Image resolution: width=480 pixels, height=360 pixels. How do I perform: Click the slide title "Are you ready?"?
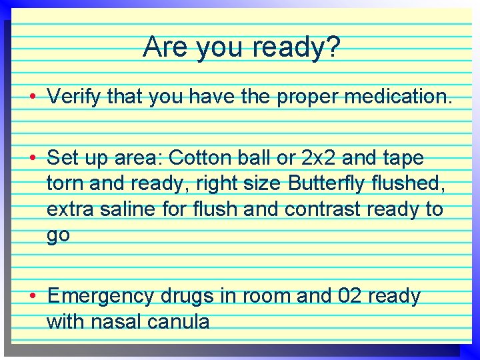(241, 47)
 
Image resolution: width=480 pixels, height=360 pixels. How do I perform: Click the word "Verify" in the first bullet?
(74, 98)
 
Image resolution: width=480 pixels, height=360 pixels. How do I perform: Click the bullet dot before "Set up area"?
(32, 159)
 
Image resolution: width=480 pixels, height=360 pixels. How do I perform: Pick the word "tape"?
(403, 159)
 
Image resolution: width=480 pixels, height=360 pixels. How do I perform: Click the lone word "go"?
(58, 235)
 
